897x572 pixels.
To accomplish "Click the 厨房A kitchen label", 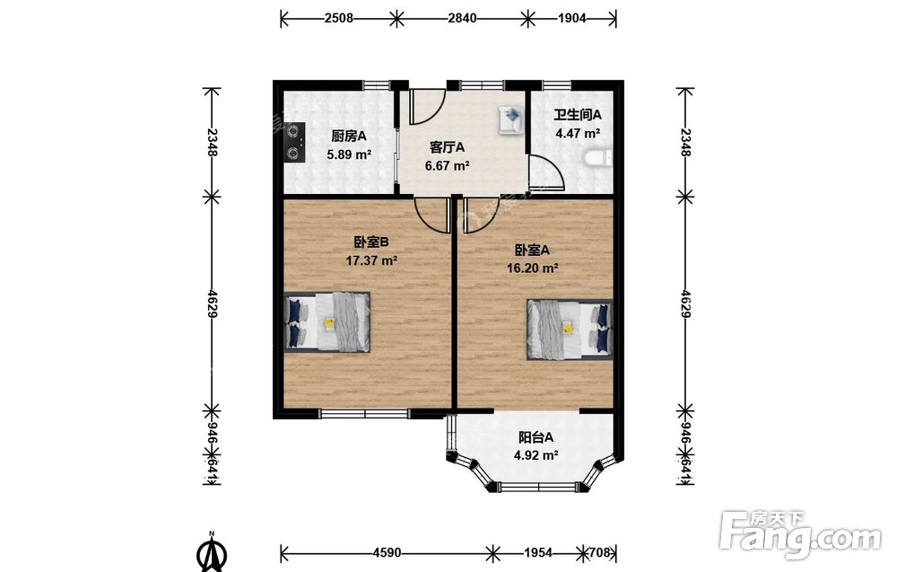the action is coord(348,136).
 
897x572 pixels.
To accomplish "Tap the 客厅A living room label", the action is coord(447,148).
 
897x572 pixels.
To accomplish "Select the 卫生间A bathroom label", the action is coord(577,115).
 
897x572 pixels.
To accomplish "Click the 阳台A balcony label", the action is coord(536,437).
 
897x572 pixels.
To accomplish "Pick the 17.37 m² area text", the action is coord(371,260).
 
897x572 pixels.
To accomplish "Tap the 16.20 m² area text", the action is coord(533,268).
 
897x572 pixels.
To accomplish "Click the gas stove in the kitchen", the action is coord(294,142).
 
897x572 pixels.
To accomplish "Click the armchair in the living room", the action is coord(511,120).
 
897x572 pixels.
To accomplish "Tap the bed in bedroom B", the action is coord(327,321).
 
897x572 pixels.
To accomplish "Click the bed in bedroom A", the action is coord(570,330).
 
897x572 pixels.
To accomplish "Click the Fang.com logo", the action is coord(800,534).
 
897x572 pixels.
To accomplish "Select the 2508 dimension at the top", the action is coord(339,18).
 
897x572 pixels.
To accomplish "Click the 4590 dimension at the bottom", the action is coord(387,553).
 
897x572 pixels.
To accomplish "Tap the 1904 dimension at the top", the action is coord(572,18).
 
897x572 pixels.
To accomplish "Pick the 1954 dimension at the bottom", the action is coord(538,553).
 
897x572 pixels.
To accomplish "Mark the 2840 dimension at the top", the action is coord(462,18).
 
